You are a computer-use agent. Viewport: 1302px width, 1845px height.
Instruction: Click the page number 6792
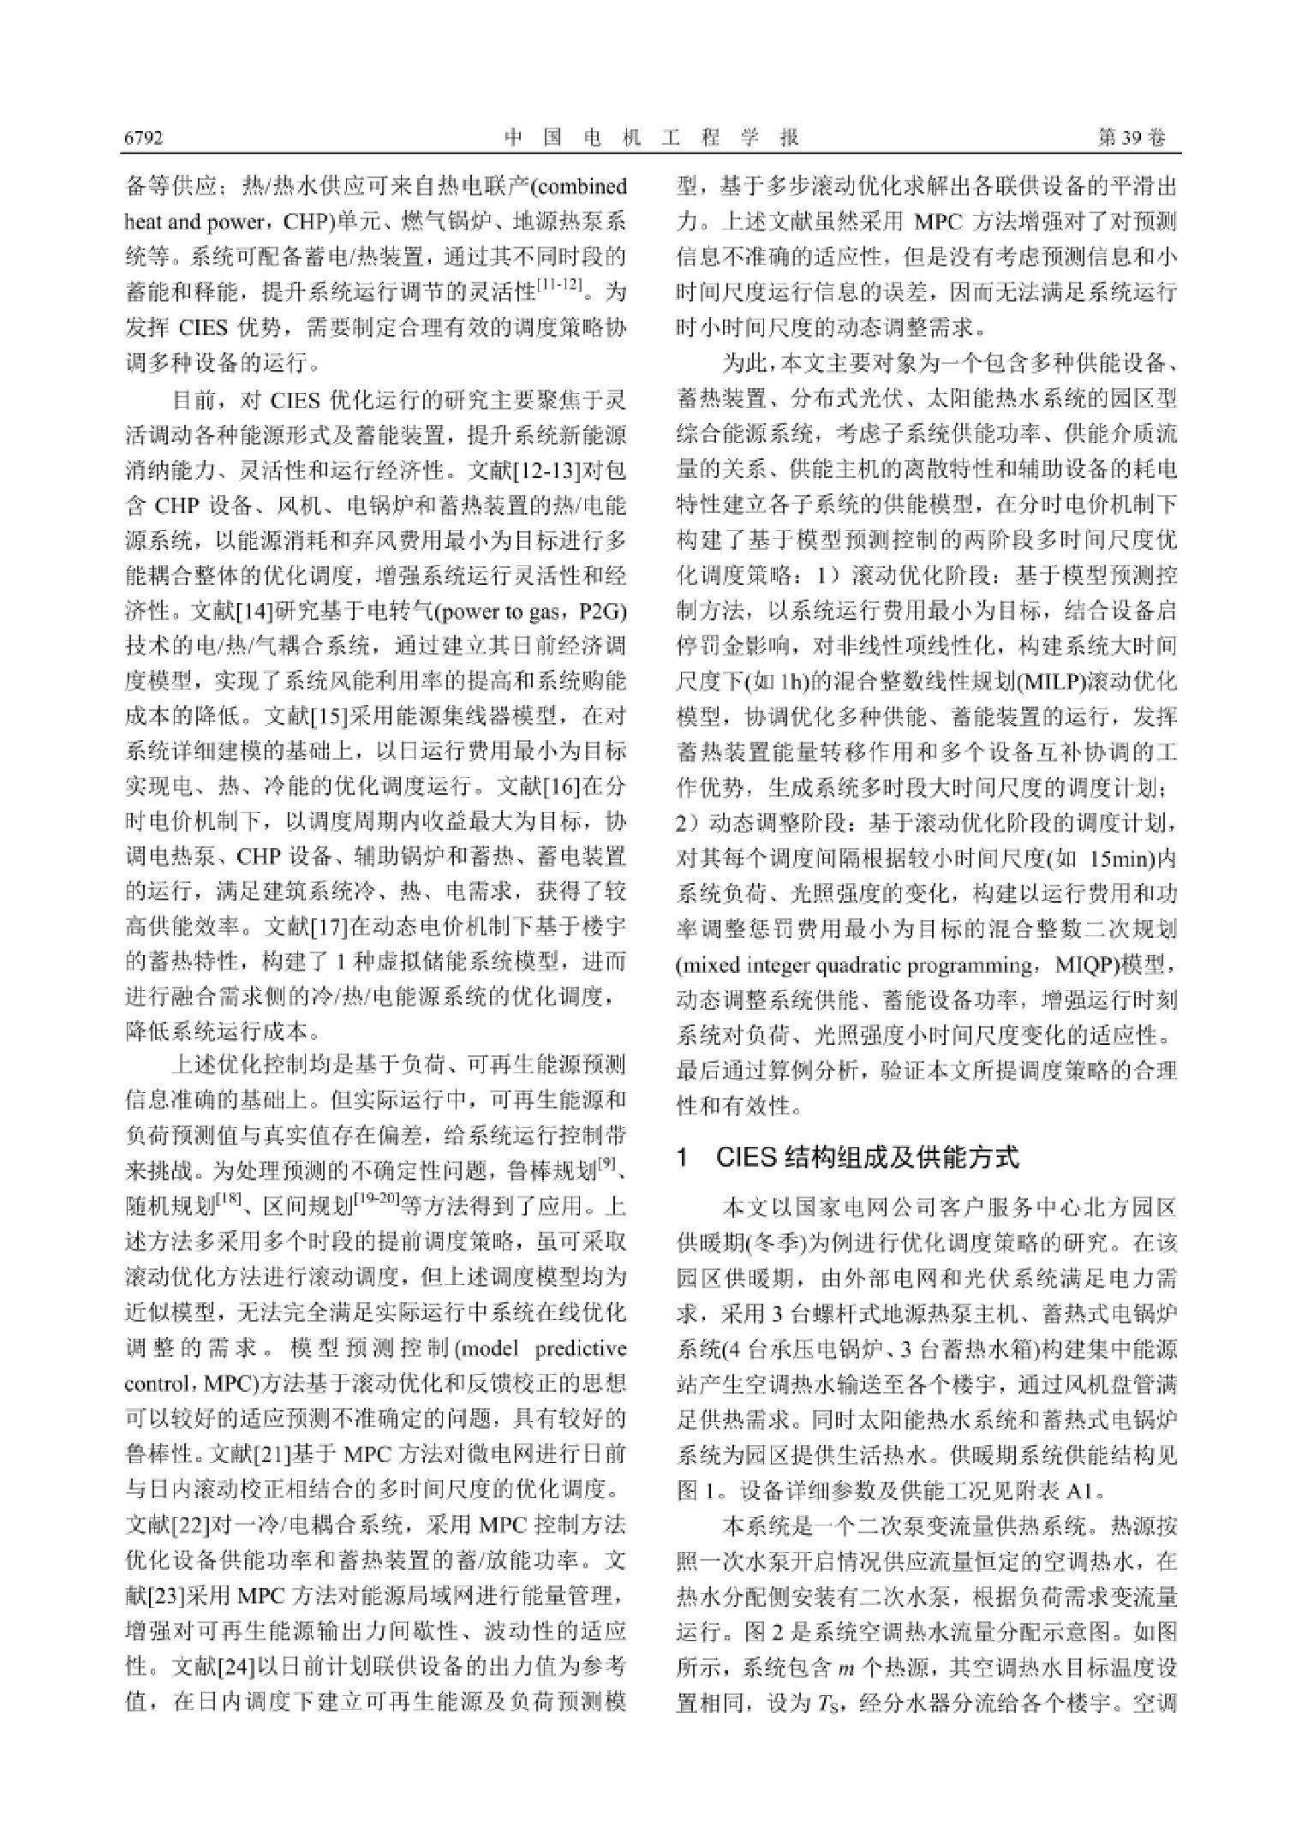[x=144, y=138]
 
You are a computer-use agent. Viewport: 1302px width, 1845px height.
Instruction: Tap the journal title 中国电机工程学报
[x=651, y=138]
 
